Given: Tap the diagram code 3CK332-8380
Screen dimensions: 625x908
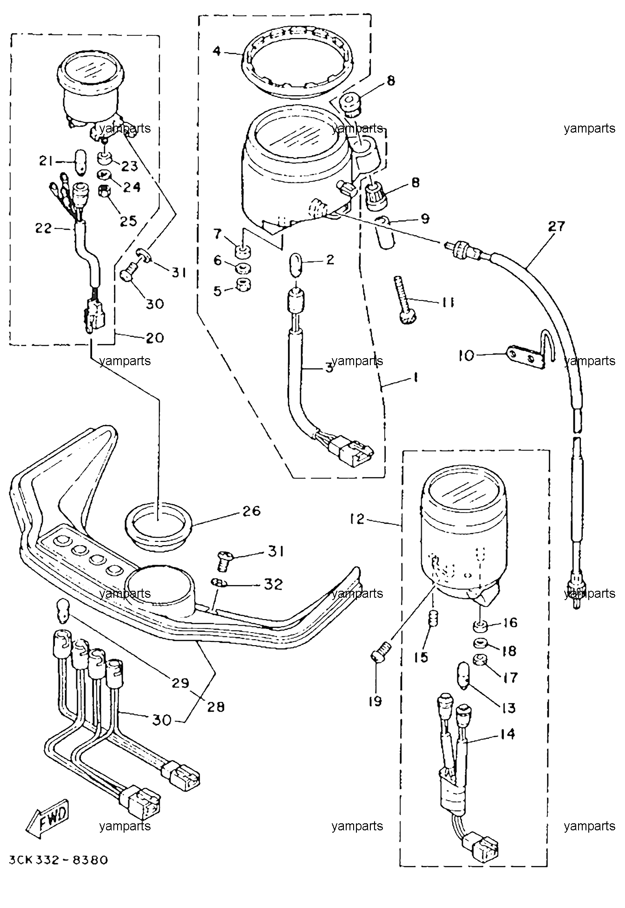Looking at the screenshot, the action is tap(58, 860).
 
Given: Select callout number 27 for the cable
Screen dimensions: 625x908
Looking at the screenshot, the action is tap(556, 227).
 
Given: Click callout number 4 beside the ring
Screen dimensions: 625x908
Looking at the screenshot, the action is tap(216, 50).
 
